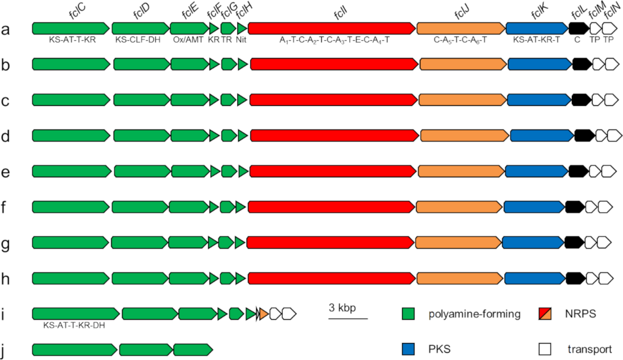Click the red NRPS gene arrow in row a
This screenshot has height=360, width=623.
pos(332,28)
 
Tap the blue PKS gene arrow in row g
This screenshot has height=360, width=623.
pos(532,243)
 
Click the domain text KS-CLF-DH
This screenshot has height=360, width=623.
pos(139,40)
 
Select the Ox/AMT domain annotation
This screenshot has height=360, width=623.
pos(188,40)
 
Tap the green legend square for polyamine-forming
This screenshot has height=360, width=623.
pos(408,314)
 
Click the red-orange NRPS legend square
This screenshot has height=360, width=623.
pos(545,314)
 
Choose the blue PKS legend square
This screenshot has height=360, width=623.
pos(408,349)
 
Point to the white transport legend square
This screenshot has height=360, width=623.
pos(545,349)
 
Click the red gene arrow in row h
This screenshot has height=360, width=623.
pos(331,279)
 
